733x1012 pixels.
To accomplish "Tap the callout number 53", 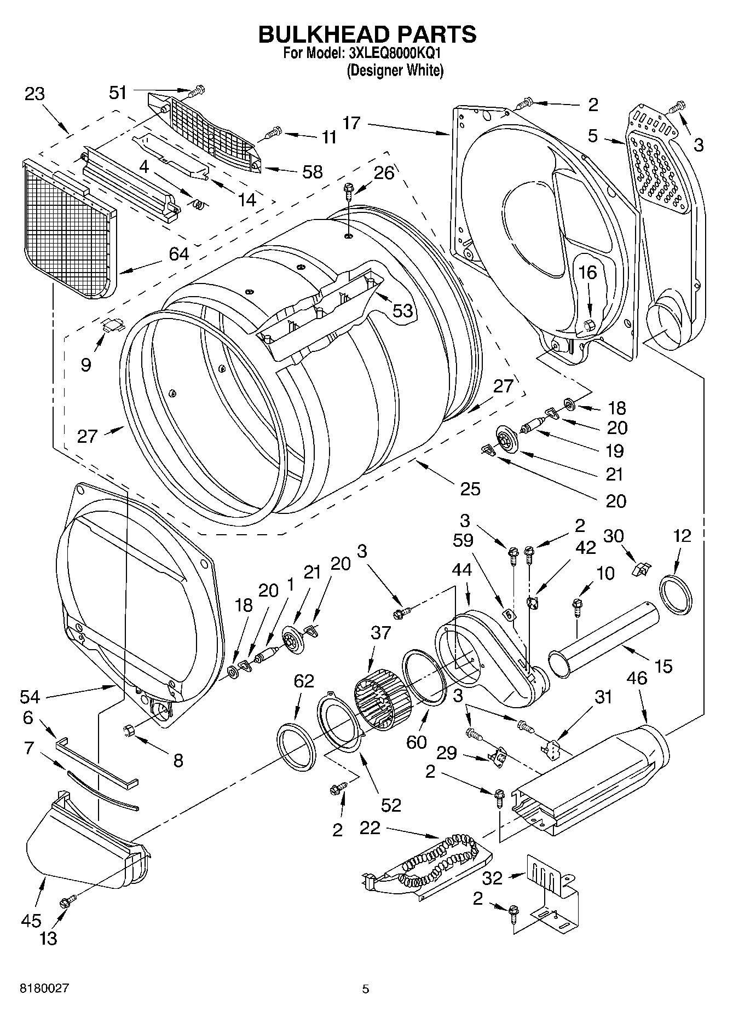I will (402, 310).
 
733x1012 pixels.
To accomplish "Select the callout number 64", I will (178, 254).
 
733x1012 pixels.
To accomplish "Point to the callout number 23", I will (34, 94).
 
